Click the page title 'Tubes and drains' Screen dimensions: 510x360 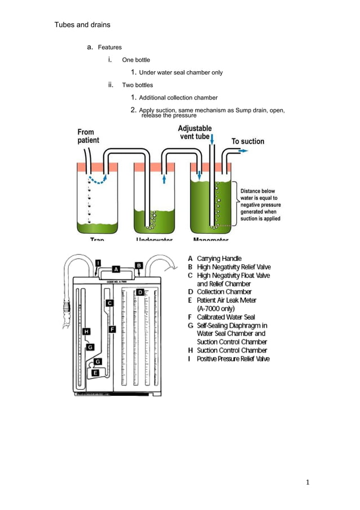click(x=82, y=25)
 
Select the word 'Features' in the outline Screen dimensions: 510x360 click(x=110, y=47)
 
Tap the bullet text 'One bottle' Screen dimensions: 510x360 click(x=136, y=60)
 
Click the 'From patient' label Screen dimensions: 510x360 click(x=88, y=136)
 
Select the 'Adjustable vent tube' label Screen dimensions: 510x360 click(x=195, y=133)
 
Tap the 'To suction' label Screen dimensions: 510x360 click(x=248, y=141)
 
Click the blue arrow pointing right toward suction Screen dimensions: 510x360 click(x=241, y=151)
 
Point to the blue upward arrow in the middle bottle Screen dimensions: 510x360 click(x=164, y=178)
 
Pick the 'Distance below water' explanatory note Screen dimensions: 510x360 click(x=260, y=204)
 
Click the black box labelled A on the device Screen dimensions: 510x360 click(x=115, y=269)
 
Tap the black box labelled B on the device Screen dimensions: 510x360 click(x=139, y=265)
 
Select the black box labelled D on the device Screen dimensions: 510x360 click(x=141, y=292)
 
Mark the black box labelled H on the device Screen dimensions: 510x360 click(x=86, y=332)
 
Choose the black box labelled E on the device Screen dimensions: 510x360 click(x=95, y=373)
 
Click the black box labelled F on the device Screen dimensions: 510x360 click(x=112, y=329)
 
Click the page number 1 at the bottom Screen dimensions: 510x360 click(x=308, y=482)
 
